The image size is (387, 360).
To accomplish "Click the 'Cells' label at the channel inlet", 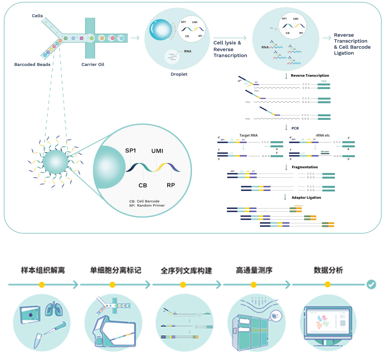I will (37, 16).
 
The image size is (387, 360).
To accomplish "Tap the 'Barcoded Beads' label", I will (32, 64).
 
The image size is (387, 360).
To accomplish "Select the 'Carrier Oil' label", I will (93, 64).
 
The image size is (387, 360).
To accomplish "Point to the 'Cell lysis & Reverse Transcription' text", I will (230, 49).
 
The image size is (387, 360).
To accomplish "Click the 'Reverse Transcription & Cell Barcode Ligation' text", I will (352, 44).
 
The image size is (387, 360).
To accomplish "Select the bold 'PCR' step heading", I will (295, 128).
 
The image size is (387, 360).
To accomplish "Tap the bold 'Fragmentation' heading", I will (304, 167).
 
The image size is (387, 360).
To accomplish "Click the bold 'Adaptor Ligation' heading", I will (306, 197).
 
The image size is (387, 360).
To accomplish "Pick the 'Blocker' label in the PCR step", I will (325, 151).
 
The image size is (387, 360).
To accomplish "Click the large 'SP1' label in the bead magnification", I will (131, 150).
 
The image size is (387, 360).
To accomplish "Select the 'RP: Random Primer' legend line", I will (147, 206).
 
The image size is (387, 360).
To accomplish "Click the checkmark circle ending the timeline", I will (371, 284).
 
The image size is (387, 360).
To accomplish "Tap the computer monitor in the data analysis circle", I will (327, 321).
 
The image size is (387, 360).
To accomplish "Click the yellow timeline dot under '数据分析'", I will (327, 285).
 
